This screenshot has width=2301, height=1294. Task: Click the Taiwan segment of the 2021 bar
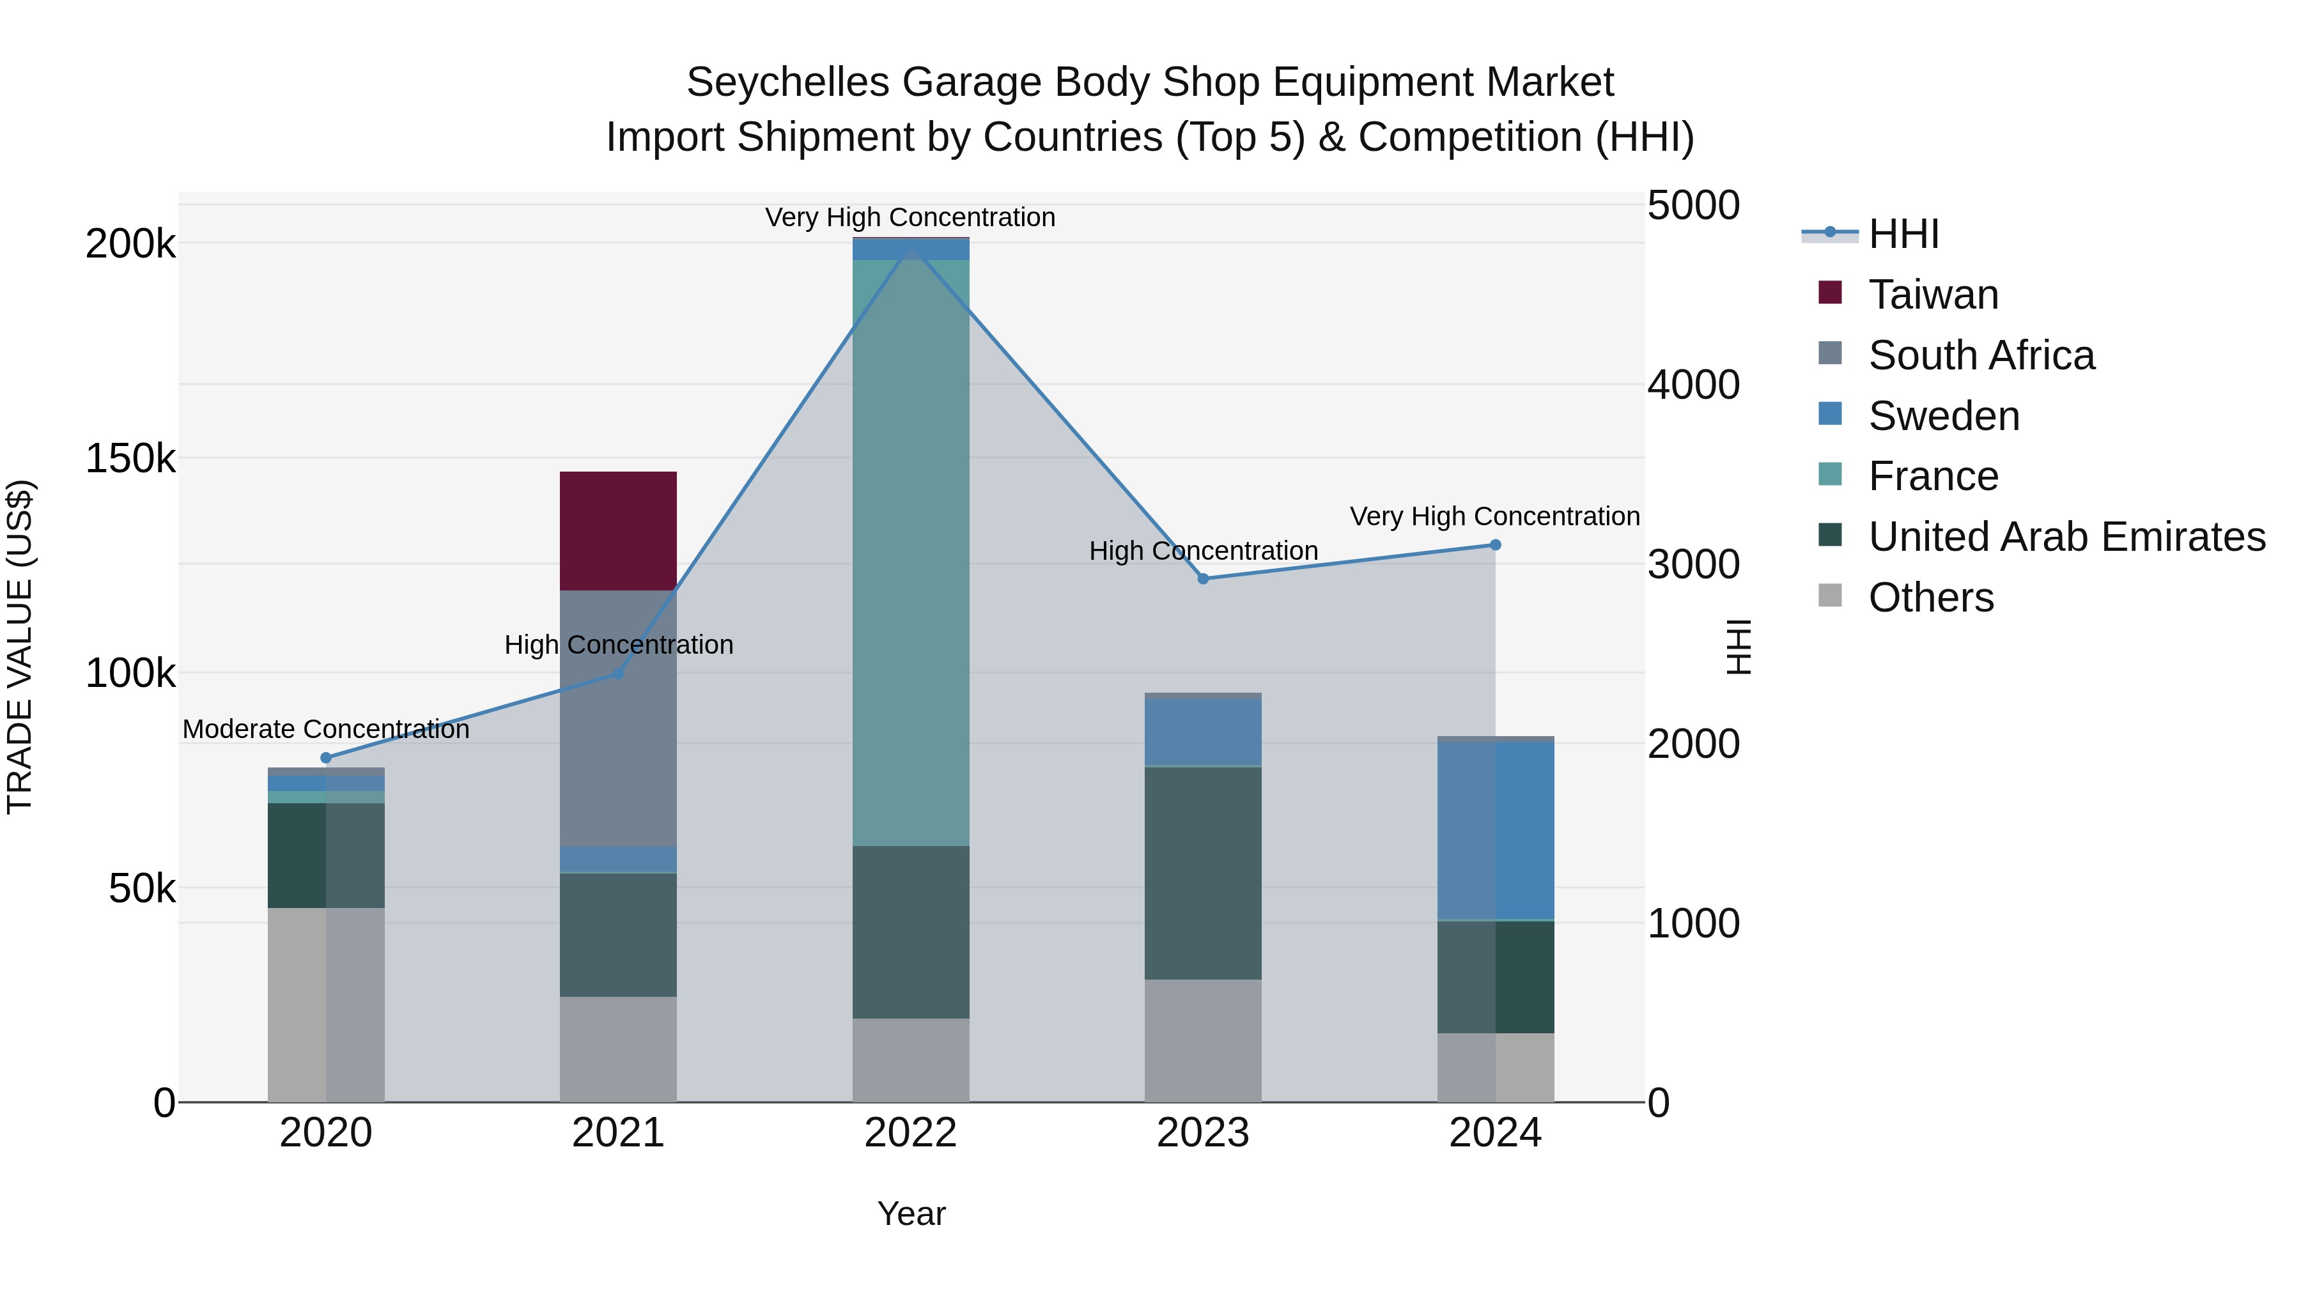click(x=618, y=530)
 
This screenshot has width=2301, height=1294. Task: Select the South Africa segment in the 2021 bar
click(x=618, y=718)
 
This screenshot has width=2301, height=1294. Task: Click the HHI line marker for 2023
click(x=1202, y=579)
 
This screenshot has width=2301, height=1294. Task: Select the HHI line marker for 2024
click(x=1495, y=544)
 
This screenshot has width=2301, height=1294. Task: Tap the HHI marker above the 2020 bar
click(x=325, y=758)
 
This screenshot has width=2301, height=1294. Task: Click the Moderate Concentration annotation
click(x=325, y=730)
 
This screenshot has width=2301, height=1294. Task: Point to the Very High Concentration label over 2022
click(x=910, y=217)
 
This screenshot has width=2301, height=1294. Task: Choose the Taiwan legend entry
click(x=1932, y=295)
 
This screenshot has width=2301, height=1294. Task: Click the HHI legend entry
click(x=1903, y=234)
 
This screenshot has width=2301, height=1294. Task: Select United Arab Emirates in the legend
click(x=2066, y=537)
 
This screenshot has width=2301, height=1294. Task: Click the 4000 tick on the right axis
click(x=1693, y=385)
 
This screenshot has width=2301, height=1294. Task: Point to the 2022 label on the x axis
click(x=910, y=1133)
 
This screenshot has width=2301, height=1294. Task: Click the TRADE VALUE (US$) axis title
click(x=20, y=647)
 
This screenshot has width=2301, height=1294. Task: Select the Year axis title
click(x=910, y=1213)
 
